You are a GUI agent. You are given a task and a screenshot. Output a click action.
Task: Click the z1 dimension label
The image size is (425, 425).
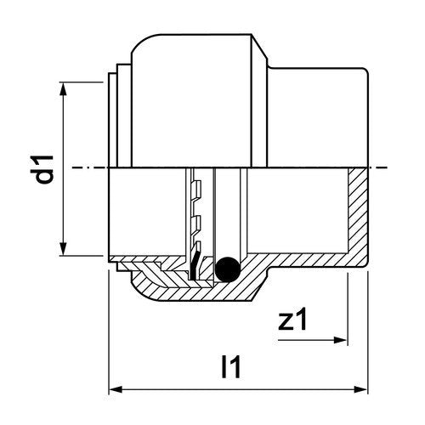coord(292,320)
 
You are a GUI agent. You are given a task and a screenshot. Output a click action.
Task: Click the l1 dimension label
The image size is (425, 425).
coord(231,366)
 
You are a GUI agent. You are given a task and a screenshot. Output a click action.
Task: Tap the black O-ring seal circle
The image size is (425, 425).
coord(228,269)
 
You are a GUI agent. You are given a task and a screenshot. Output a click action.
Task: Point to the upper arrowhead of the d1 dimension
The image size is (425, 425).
coord(64,89)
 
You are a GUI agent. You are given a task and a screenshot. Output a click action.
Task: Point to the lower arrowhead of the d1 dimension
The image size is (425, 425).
coord(64,248)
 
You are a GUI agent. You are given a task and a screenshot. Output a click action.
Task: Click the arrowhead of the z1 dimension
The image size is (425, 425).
coord(340,340)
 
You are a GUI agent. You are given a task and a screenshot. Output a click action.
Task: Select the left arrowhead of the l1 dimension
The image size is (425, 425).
coord(116,389)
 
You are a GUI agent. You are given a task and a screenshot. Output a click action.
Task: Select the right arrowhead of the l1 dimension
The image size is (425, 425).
coord(360,389)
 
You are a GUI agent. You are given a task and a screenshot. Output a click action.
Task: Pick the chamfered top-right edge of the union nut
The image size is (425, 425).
coord(259,47)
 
